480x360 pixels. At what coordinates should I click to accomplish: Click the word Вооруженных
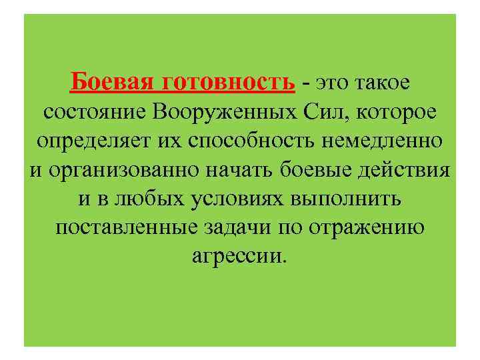[x=227, y=112]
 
